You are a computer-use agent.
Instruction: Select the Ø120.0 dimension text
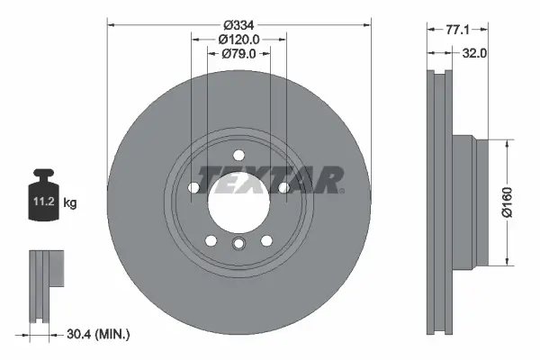[x=238, y=39]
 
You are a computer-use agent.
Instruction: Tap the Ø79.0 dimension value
[x=238, y=54]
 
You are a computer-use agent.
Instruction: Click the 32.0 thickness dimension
[x=474, y=54]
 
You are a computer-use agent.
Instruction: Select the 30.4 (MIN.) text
[x=100, y=334]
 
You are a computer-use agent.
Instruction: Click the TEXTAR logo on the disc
[x=269, y=179]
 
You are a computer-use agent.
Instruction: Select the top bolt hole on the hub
[x=238, y=155]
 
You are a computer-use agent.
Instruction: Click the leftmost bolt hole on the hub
[x=193, y=187]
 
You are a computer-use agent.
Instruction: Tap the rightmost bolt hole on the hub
[x=283, y=187]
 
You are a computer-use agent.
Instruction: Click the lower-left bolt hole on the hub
[x=211, y=240]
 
